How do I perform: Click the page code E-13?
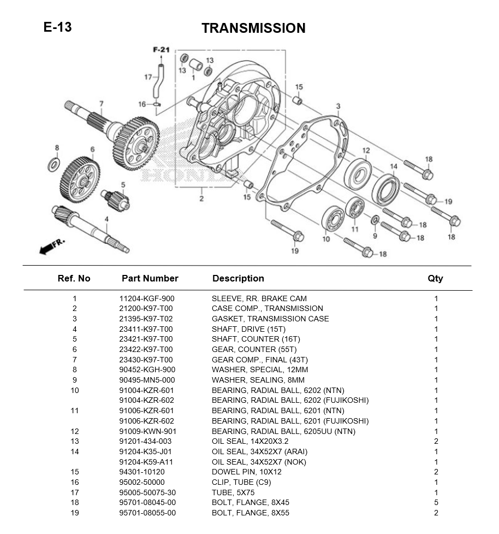58,27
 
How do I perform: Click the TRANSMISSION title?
253,28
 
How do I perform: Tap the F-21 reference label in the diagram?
161,50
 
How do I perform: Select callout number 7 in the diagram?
101,104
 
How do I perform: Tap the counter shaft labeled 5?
116,199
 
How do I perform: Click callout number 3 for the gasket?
338,106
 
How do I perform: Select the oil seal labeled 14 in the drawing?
386,189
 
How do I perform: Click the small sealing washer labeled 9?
375,220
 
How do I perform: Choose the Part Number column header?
150,278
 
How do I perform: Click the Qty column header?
435,278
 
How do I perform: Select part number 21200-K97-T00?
146,308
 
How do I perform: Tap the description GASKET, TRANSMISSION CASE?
270,319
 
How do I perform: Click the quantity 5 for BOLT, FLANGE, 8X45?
436,502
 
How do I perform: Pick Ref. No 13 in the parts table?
75,441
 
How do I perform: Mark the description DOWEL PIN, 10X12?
247,472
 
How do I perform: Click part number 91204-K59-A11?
147,462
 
